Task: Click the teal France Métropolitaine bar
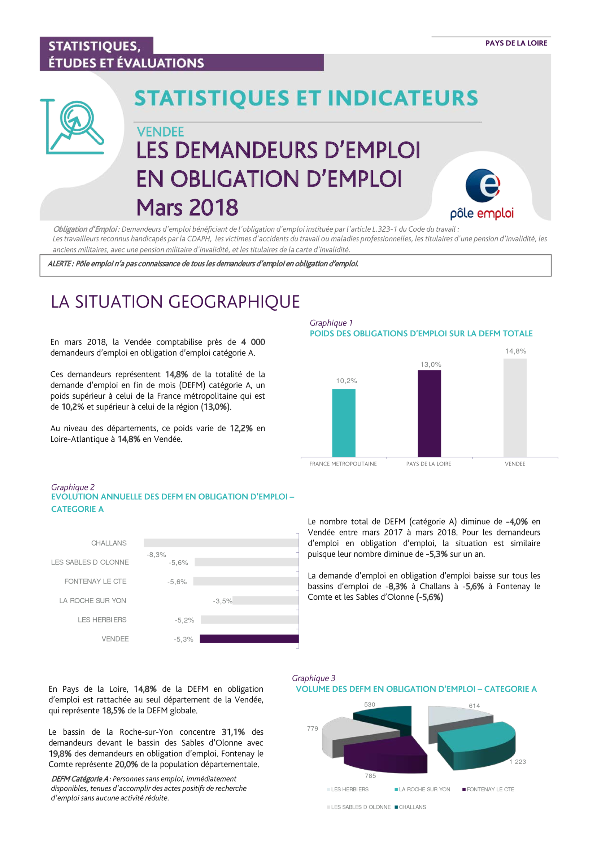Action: [x=344, y=423]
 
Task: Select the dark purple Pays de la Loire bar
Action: [x=430, y=414]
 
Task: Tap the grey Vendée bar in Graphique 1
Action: [x=515, y=408]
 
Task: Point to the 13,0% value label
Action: [x=431, y=364]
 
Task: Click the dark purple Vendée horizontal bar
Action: [x=249, y=639]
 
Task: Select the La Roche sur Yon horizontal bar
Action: [x=265, y=600]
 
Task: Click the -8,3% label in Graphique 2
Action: [x=156, y=555]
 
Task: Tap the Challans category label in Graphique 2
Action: [x=109, y=543]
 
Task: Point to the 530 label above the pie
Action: [x=370, y=704]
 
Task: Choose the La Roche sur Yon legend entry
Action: [x=422, y=789]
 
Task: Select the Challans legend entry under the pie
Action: [x=410, y=807]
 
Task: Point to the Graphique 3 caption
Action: [x=314, y=678]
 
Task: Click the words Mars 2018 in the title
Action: [x=187, y=207]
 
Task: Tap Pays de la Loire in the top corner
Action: [x=516, y=43]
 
